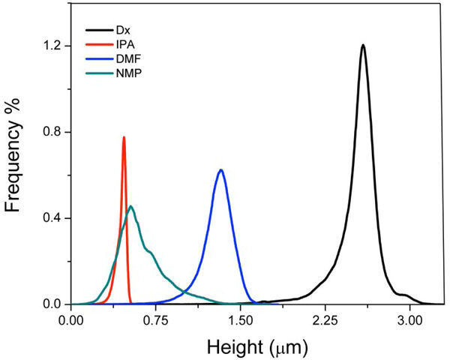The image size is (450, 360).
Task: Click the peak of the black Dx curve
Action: [363, 45]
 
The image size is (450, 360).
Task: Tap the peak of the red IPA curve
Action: [124, 137]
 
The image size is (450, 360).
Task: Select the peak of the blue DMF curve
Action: [220, 170]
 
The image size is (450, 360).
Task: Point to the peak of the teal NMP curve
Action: [131, 206]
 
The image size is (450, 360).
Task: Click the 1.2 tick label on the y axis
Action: [52, 46]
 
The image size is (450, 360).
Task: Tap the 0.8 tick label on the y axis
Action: [52, 132]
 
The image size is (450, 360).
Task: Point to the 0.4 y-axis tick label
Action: [52, 218]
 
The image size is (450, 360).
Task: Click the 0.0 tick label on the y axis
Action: [52, 304]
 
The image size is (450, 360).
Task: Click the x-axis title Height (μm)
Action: [250, 347]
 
